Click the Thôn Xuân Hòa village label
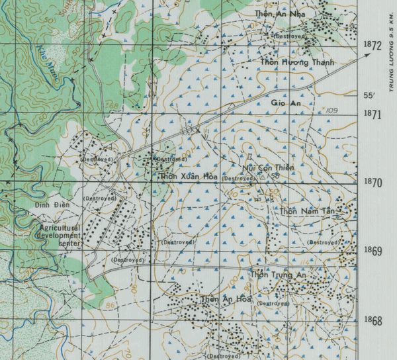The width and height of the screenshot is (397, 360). pyautogui.click(x=189, y=176)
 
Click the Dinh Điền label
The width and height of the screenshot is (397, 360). pyautogui.click(x=52, y=206)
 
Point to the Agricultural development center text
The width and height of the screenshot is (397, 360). pyautogui.click(x=60, y=234)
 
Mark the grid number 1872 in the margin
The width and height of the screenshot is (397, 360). pyautogui.click(x=373, y=46)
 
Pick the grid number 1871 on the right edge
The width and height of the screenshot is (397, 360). pyautogui.click(x=373, y=114)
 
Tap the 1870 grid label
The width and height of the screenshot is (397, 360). pyautogui.click(x=373, y=183)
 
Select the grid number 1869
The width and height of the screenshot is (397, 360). pyautogui.click(x=373, y=251)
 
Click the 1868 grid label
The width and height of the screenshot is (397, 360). pyautogui.click(x=373, y=320)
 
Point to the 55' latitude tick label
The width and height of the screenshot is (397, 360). pyautogui.click(x=369, y=96)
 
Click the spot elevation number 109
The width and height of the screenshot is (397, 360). pyautogui.click(x=331, y=110)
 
